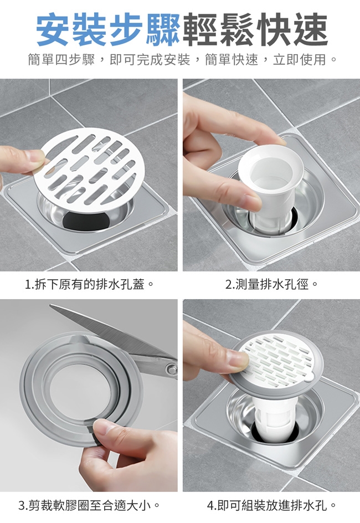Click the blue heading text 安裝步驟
[x=108, y=29]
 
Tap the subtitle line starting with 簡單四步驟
[x=182, y=60]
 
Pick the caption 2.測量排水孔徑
[x=271, y=285]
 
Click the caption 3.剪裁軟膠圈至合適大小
[x=89, y=505]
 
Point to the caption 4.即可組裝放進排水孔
[x=271, y=505]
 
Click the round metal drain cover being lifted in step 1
[x=89, y=171]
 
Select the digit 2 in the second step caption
[x=229, y=285]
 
